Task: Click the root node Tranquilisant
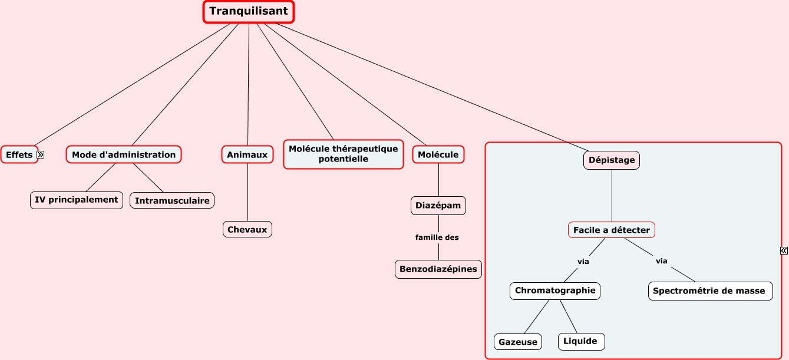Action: coord(249,11)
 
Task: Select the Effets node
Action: coord(19,155)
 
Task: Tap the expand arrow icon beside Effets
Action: coord(41,155)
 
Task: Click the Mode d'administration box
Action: coord(124,155)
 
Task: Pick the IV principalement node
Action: coord(77,200)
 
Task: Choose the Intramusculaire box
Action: coord(172,201)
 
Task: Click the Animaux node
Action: coord(247,155)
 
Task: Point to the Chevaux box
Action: coord(247,230)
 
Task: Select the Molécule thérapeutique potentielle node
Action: coord(344,154)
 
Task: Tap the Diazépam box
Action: coord(438,206)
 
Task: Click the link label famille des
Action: coord(437,237)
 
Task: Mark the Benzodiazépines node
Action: coord(438,269)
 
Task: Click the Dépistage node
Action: coord(612,160)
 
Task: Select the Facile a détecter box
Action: coord(612,230)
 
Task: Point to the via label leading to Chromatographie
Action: coord(583,262)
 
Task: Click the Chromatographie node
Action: coord(555,290)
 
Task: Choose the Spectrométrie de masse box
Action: coord(711,291)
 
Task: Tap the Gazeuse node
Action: coord(518,342)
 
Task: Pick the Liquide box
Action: coord(581,342)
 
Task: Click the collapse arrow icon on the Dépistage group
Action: coord(784,251)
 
